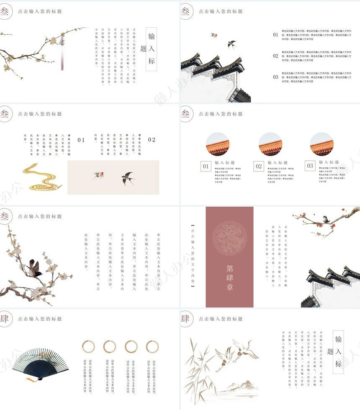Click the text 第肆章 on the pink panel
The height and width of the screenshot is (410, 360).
click(229, 277)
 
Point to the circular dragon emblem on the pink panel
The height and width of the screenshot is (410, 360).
click(229, 238)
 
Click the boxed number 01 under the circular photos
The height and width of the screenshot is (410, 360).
click(206, 166)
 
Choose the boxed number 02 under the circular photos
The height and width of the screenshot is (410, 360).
click(259, 166)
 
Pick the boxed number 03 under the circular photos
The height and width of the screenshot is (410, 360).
click(310, 166)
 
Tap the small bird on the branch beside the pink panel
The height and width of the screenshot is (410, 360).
click(325, 218)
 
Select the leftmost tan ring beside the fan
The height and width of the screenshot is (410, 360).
click(88, 346)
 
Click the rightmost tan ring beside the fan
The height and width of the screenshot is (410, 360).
click(152, 346)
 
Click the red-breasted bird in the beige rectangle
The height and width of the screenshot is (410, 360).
click(98, 175)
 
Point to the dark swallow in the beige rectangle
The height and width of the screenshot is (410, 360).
click(128, 178)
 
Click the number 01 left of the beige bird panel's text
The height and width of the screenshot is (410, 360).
click(81, 140)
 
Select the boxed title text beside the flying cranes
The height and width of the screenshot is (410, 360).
click(338, 352)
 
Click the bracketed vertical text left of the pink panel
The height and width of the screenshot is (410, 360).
click(193, 255)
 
